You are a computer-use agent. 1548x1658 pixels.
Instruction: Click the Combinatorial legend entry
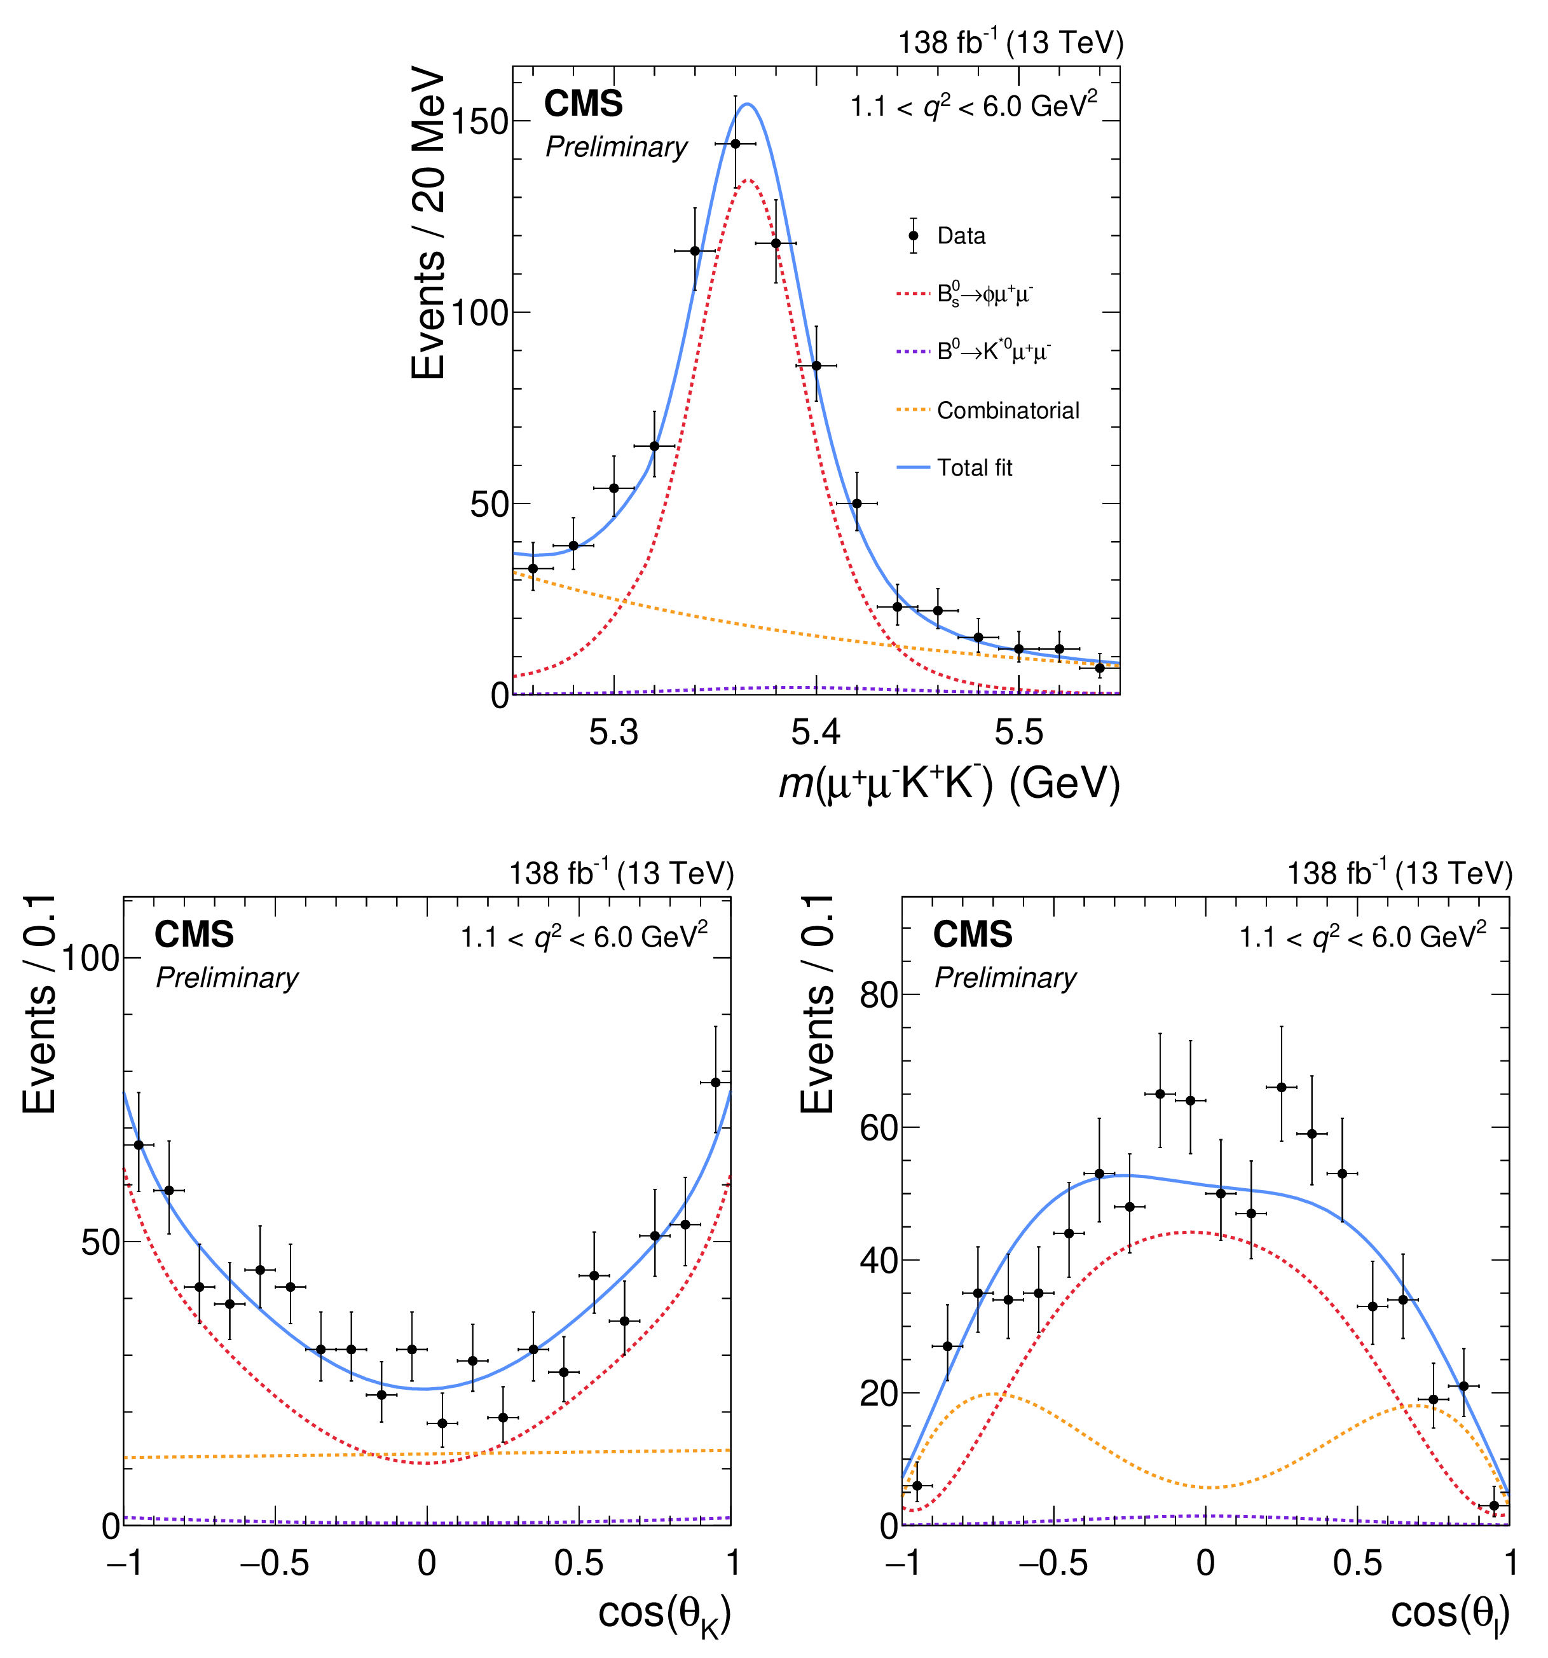pyautogui.click(x=1008, y=410)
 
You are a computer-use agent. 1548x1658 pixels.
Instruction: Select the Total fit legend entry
pyautogui.click(x=974, y=468)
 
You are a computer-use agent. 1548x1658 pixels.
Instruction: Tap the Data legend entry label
pyautogui.click(x=961, y=236)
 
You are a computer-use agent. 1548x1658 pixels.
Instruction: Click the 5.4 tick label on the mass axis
pyautogui.click(x=816, y=732)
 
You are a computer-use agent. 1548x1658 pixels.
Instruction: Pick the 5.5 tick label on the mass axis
pyautogui.click(x=1018, y=732)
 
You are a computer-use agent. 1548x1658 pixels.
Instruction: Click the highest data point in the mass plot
pyautogui.click(x=735, y=144)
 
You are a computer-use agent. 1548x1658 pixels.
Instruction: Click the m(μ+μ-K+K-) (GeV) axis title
pyautogui.click(x=949, y=784)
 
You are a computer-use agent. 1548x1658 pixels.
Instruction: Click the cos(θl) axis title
pyautogui.click(x=1449, y=1613)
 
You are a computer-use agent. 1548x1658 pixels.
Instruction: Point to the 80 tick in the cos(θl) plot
pyautogui.click(x=877, y=995)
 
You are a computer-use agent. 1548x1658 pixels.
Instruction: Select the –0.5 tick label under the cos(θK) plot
pyautogui.click(x=275, y=1563)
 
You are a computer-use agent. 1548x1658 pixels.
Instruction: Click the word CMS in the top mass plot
pyautogui.click(x=583, y=104)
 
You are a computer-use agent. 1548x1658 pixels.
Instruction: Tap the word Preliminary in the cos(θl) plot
pyautogui.click(x=1005, y=978)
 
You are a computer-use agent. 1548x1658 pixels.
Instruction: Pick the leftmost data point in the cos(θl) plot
pyautogui.click(x=917, y=1486)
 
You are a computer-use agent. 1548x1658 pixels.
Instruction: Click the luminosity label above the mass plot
pyautogui.click(x=1011, y=43)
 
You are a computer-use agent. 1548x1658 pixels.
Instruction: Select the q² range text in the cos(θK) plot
pyautogui.click(x=584, y=938)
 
